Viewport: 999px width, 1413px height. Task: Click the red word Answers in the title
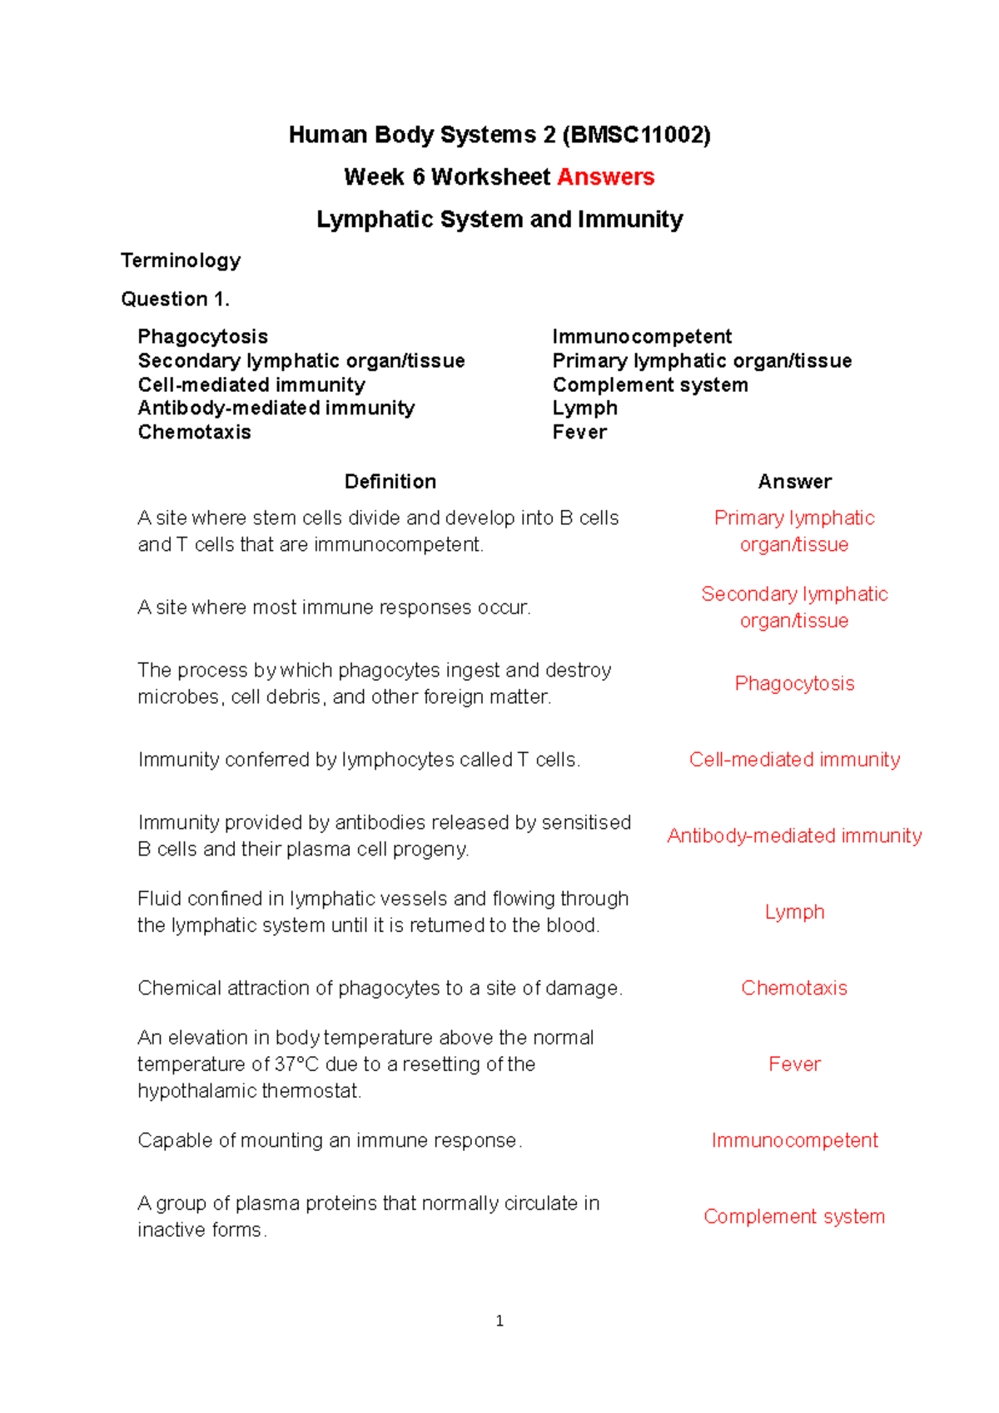coord(605,177)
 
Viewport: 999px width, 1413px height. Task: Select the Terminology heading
coord(181,260)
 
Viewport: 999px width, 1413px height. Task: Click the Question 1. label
coord(175,299)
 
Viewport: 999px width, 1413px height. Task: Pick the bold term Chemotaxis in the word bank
coord(194,432)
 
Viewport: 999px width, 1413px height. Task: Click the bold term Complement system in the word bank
coord(650,384)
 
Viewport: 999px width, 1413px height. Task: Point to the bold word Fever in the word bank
coord(579,432)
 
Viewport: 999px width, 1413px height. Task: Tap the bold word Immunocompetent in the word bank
coord(642,336)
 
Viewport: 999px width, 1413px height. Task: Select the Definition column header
coord(390,481)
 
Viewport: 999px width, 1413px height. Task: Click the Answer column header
coord(794,481)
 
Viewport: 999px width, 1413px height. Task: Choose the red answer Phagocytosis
coord(794,683)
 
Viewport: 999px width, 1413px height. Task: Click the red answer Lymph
coord(794,912)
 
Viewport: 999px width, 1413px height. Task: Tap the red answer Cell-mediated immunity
coord(794,760)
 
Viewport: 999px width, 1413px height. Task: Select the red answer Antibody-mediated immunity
coord(794,835)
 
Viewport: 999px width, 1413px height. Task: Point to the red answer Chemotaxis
coord(794,988)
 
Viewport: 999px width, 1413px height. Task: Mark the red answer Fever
coord(794,1064)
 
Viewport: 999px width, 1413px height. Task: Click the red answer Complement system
coord(794,1217)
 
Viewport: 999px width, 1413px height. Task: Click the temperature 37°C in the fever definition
coord(297,1064)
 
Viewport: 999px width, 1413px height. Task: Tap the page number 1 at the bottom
coord(499,1321)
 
